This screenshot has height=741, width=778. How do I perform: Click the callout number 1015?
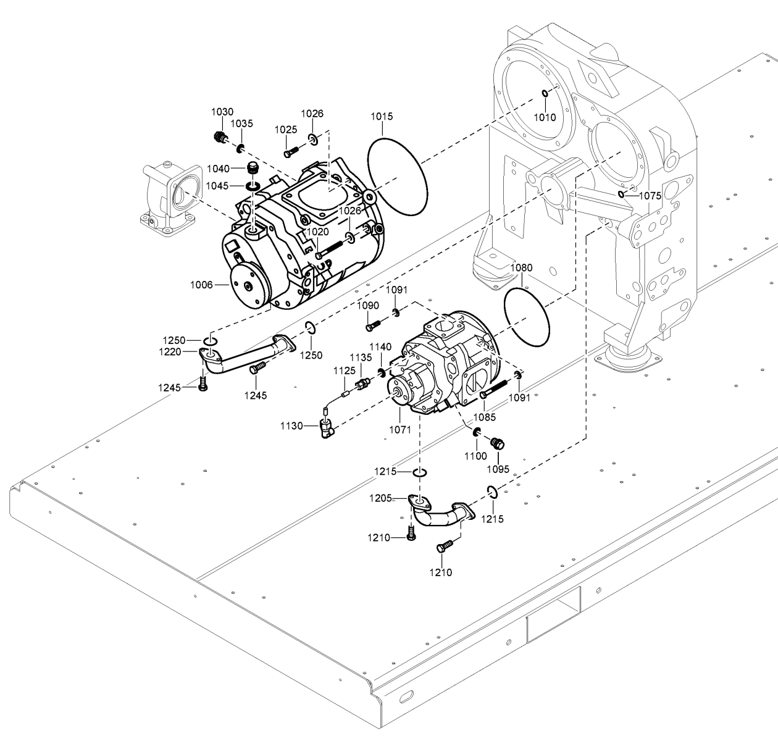point(382,116)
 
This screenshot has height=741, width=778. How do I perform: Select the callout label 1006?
point(201,285)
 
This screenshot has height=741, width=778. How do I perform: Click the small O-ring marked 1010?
point(545,93)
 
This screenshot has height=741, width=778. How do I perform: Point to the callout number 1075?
point(650,196)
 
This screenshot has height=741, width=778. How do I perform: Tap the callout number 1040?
point(218,169)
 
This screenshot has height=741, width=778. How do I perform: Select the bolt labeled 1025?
point(291,151)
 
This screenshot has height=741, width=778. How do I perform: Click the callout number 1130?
point(291,426)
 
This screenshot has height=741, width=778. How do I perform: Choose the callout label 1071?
point(400,430)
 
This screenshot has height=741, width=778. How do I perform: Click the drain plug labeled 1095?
point(498,443)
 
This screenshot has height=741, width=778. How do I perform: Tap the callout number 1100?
point(475,456)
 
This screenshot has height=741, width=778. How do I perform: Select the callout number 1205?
point(381,498)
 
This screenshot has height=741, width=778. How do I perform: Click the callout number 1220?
point(170,351)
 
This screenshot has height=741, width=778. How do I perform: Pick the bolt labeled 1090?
point(372,325)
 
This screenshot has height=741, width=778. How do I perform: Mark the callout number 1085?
point(484,417)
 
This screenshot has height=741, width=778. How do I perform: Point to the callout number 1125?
point(345,371)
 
